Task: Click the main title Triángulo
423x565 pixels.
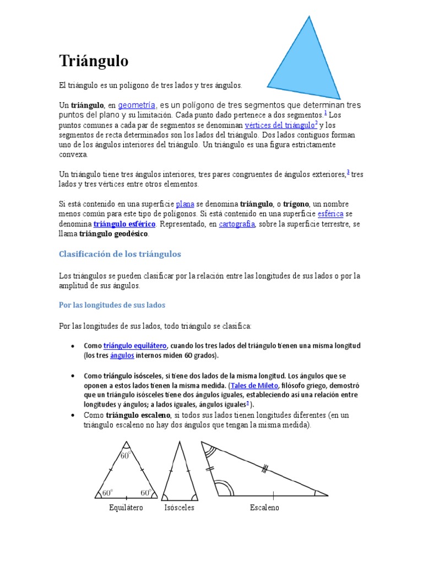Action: pyautogui.click(x=94, y=61)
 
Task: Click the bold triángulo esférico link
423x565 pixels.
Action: pyautogui.click(x=124, y=224)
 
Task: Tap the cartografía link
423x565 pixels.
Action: pyautogui.click(x=236, y=224)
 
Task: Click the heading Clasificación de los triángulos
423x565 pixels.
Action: pyautogui.click(x=120, y=254)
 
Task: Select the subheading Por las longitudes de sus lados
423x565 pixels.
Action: pyautogui.click(x=112, y=305)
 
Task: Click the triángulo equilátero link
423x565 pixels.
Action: pyautogui.click(x=135, y=345)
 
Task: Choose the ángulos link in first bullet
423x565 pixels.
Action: pyautogui.click(x=122, y=355)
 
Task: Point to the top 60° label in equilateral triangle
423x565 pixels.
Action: pyautogui.click(x=126, y=456)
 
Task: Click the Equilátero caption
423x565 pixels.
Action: pyautogui.click(x=126, y=508)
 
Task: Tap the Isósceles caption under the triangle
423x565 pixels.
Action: pyautogui.click(x=179, y=508)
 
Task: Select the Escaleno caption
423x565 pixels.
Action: pyautogui.click(x=264, y=508)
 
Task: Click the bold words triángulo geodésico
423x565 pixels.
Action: pyautogui.click(x=113, y=234)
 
